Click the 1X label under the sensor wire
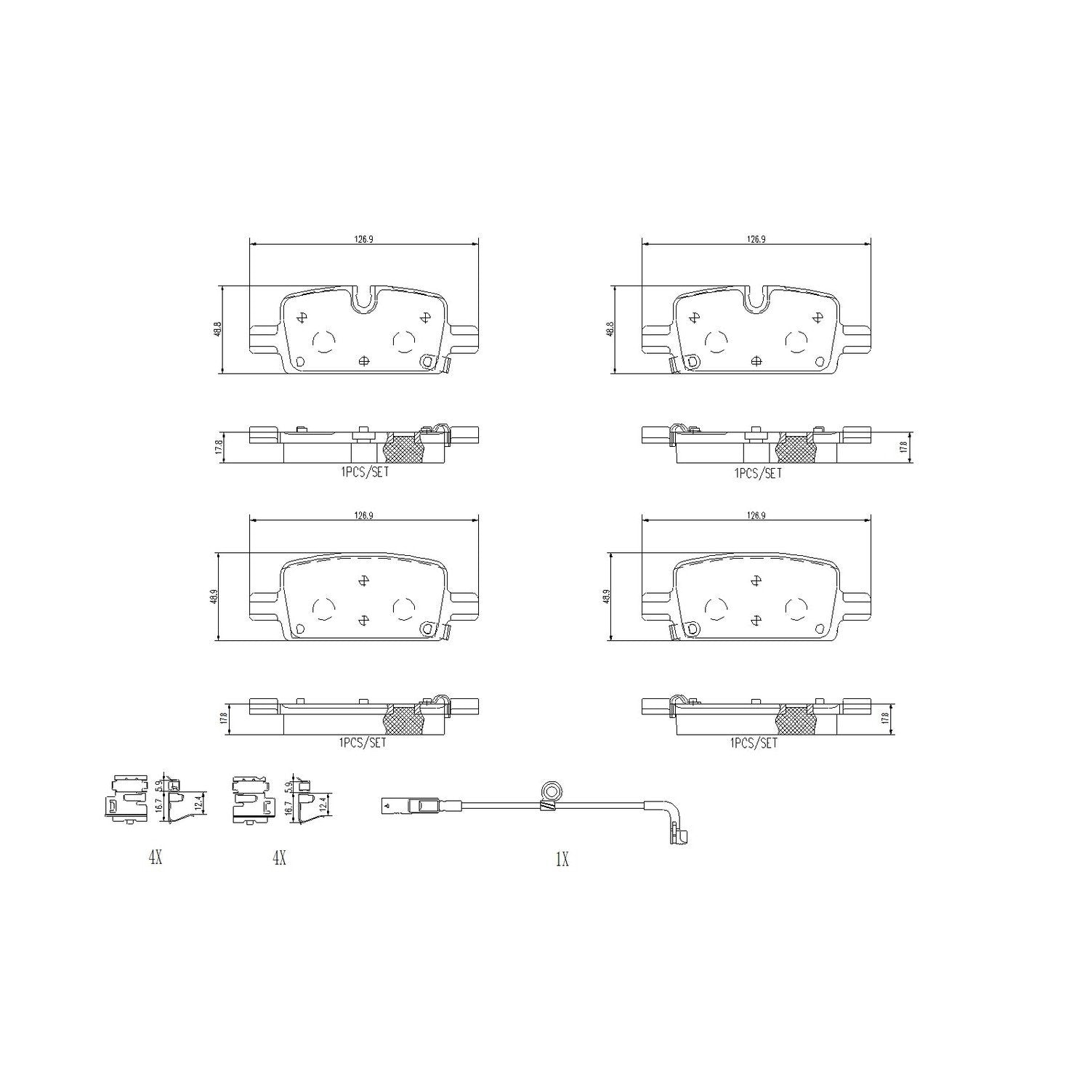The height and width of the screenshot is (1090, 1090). (x=562, y=860)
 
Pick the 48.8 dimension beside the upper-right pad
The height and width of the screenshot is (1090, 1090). (x=610, y=330)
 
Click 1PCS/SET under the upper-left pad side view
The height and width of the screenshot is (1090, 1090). (x=363, y=472)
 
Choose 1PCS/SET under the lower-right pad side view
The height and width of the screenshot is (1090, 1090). (x=754, y=743)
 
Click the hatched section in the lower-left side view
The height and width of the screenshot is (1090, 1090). (x=404, y=720)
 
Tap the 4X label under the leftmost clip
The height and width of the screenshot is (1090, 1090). (x=155, y=858)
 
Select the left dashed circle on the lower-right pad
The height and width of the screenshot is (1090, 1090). (x=716, y=608)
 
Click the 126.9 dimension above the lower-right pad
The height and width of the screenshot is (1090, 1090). (x=756, y=515)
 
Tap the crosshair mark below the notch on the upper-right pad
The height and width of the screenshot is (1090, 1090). (x=756, y=360)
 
